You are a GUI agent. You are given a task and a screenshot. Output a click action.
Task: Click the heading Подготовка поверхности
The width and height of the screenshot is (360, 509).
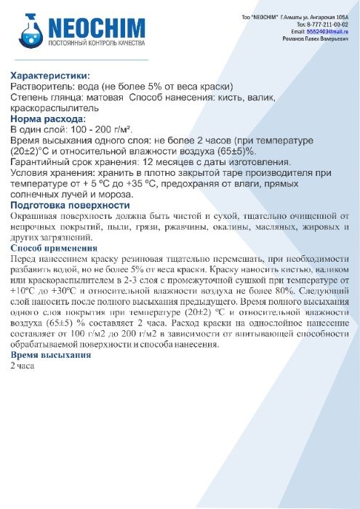coord(70,205)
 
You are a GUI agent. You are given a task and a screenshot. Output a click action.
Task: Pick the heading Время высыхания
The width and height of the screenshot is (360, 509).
coord(51,355)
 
